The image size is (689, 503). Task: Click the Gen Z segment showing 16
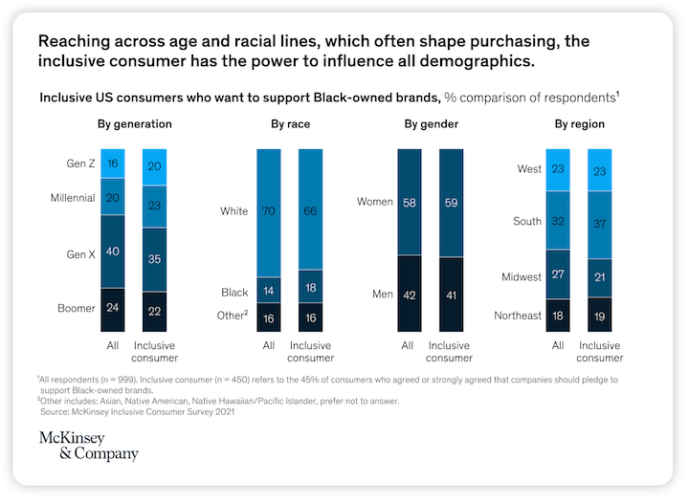(113, 164)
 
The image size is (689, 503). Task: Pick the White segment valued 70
(269, 210)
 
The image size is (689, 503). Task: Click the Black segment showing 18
(311, 287)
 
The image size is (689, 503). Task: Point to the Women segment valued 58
(410, 202)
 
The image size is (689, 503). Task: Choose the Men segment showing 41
(452, 294)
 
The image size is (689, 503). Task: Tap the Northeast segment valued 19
(600, 315)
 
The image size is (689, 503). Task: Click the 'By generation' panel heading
(134, 124)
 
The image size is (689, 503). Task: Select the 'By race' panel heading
(291, 124)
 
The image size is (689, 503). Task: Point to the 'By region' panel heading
(579, 124)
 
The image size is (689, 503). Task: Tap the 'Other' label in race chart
(232, 316)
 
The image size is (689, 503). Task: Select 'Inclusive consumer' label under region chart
(600, 351)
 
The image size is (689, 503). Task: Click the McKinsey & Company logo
(88, 446)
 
